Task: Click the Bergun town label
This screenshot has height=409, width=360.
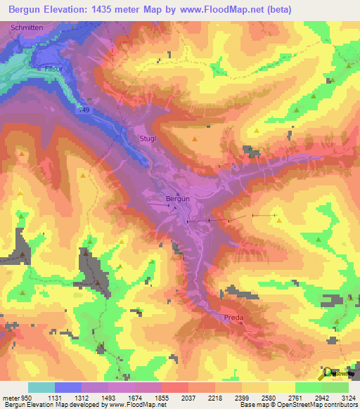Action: (x=177, y=199)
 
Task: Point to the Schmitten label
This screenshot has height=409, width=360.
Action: (x=27, y=26)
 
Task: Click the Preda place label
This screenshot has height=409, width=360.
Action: (x=233, y=318)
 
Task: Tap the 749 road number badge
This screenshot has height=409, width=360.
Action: (x=85, y=110)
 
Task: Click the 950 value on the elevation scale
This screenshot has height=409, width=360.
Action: (x=25, y=397)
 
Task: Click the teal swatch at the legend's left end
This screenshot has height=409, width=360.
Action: (x=41, y=387)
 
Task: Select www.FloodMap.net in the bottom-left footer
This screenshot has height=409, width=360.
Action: (x=141, y=405)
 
